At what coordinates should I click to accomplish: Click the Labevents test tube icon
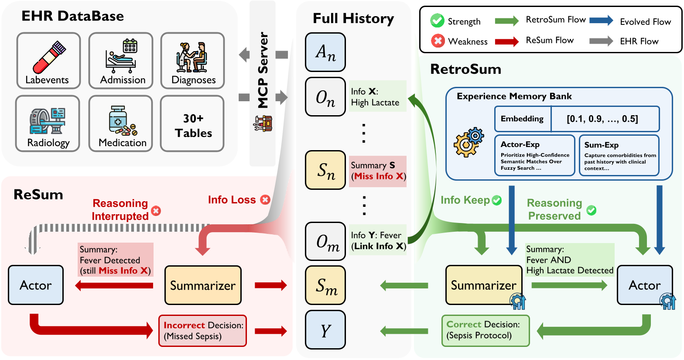(49, 57)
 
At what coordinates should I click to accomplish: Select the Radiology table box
(48, 124)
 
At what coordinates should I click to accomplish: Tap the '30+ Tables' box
(192, 124)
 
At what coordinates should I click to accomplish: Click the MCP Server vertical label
(263, 70)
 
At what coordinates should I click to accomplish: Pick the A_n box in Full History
(325, 52)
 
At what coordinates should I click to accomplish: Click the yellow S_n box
(325, 170)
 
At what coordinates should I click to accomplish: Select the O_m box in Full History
(325, 241)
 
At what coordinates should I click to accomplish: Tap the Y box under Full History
(325, 329)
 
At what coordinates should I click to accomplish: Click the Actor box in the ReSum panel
(36, 285)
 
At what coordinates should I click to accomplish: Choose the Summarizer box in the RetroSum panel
(483, 285)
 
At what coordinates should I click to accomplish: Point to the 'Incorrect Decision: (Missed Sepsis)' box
(202, 331)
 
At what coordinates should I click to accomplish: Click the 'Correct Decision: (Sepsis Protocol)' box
(485, 330)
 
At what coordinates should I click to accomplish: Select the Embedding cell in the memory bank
(522, 119)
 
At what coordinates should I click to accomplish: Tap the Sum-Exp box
(619, 155)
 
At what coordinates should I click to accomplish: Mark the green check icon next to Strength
(437, 21)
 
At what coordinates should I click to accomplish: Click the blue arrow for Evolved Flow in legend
(601, 21)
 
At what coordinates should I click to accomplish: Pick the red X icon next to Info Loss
(265, 200)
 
